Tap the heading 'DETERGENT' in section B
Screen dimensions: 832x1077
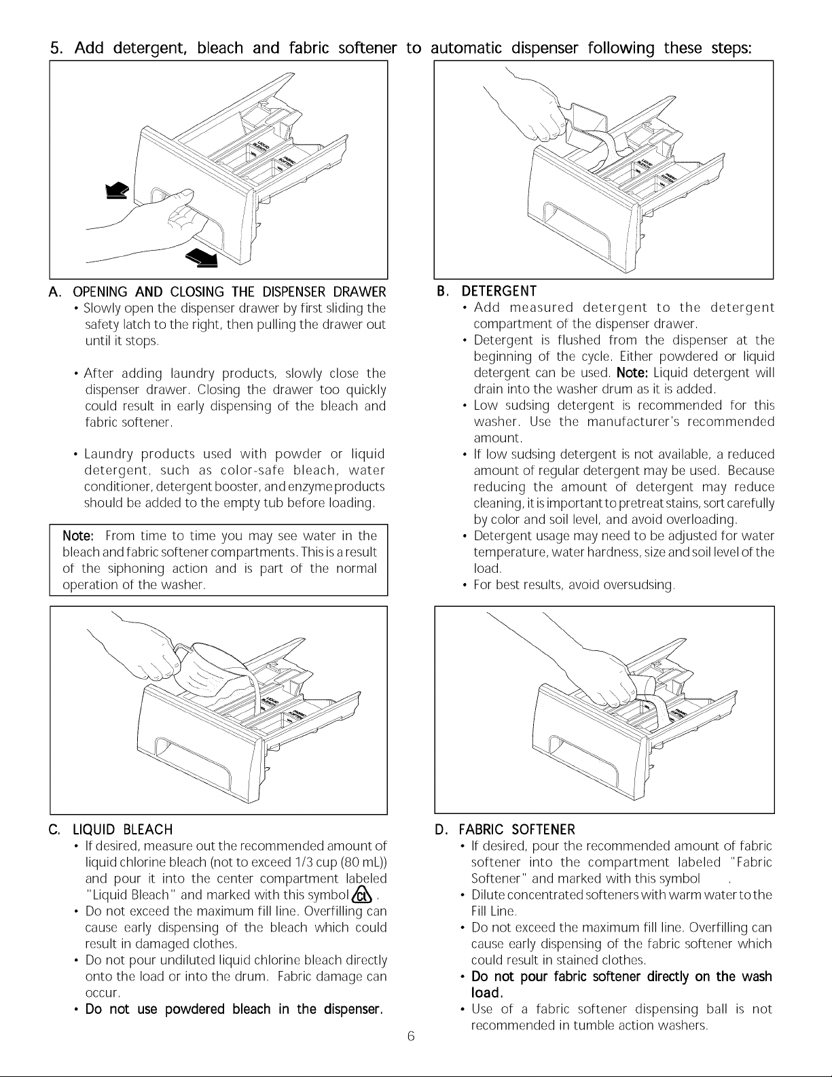pyautogui.click(x=499, y=291)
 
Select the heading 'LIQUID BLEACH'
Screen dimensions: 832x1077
pyautogui.click(x=123, y=829)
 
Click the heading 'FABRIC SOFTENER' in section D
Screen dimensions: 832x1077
pyautogui.click(x=517, y=829)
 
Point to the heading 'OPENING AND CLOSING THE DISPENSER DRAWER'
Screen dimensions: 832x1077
pyautogui.click(x=230, y=292)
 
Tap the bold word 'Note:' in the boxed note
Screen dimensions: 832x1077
pyautogui.click(x=78, y=535)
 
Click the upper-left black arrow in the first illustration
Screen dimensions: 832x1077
pyautogui.click(x=117, y=191)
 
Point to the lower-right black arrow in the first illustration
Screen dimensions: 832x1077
pyautogui.click(x=202, y=258)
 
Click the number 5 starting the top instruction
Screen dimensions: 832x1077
pyautogui.click(x=56, y=48)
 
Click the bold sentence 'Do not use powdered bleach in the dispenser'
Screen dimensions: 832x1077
pyautogui.click(x=234, y=1009)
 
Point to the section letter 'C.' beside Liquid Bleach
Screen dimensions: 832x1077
pyautogui.click(x=54, y=829)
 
